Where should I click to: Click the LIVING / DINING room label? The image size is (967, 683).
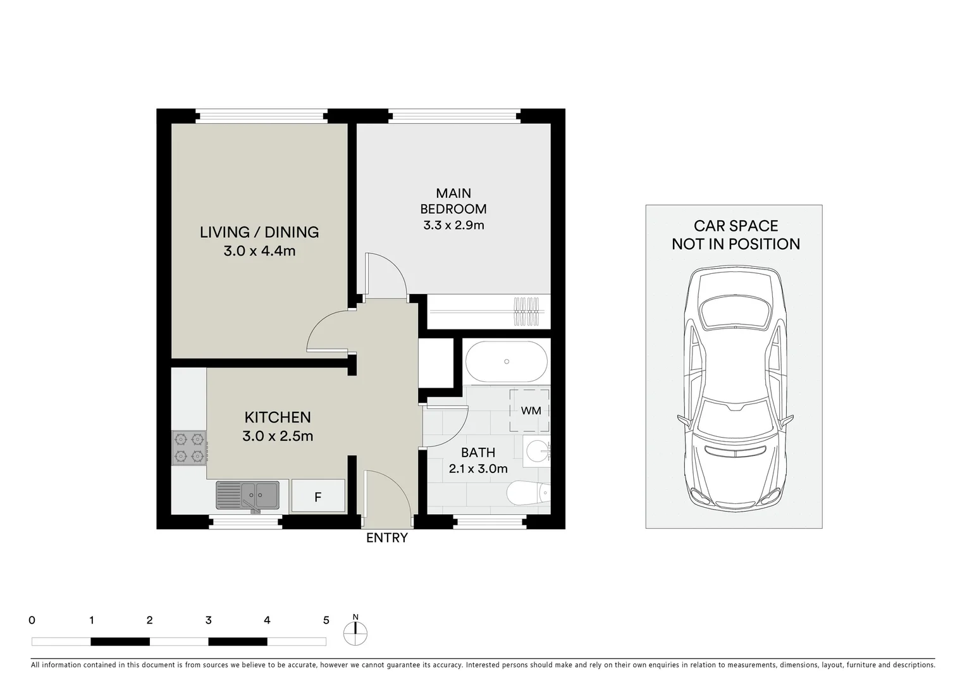(259, 232)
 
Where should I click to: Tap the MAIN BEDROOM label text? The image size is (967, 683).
(453, 201)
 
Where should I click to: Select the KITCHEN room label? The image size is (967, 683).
(278, 417)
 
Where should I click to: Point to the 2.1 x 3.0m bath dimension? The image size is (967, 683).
(478, 469)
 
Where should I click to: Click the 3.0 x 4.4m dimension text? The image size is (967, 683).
(259, 251)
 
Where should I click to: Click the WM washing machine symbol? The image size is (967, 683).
(530, 410)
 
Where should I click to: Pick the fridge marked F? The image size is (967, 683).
(317, 496)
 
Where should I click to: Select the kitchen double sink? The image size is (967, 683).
(248, 495)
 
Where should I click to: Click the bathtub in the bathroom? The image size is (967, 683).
(507, 362)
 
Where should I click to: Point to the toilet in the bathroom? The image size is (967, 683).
(528, 493)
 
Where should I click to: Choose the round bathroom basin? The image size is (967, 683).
(537, 450)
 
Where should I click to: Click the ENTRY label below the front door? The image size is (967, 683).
(387, 538)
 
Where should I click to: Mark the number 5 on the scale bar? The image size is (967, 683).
(326, 620)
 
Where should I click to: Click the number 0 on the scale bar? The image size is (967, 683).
(32, 620)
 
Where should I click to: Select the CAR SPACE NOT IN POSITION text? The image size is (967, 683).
(736, 235)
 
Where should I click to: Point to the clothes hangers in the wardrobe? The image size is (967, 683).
(529, 311)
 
